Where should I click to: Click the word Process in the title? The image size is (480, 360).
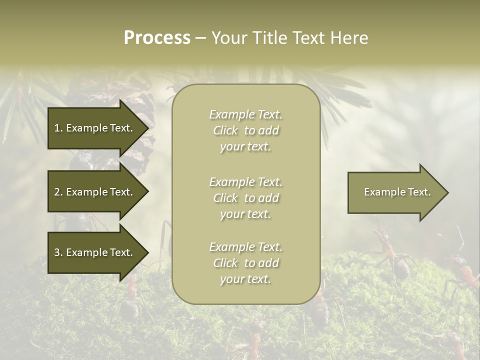point(157,38)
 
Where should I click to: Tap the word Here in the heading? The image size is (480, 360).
point(348,38)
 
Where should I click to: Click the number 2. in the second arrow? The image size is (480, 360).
point(58,192)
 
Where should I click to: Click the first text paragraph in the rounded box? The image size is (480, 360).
point(245,130)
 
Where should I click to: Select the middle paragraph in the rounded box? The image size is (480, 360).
point(245,198)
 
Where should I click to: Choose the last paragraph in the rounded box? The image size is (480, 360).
point(245,263)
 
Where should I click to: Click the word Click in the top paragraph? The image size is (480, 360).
point(225,130)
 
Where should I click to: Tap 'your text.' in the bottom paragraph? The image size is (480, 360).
point(245,279)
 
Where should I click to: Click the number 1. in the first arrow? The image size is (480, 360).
point(58,128)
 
